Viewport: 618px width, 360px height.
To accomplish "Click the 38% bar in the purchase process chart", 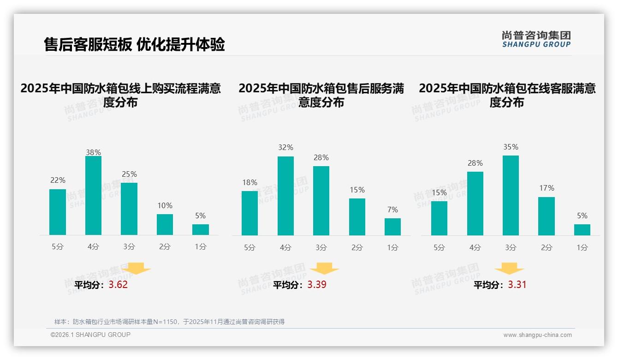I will tap(93, 196).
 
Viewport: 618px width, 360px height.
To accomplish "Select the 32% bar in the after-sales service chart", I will tap(285, 196).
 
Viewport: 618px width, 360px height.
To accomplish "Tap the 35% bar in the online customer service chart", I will tap(511, 196).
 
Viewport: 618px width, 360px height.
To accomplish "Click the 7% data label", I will tap(392, 210).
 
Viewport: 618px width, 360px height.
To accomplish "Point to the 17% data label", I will tap(546, 188).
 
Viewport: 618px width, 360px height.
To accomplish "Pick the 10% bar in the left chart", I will tap(165, 225).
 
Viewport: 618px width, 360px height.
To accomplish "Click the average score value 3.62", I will tap(118, 285).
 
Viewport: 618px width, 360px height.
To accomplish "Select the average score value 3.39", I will tap(317, 285).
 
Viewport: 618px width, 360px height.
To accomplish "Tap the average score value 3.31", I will tap(517, 285).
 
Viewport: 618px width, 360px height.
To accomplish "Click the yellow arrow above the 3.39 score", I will tap(324, 268).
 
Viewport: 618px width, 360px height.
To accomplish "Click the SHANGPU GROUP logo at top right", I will tap(536, 39).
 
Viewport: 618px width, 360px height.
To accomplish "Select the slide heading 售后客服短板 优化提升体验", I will tap(134, 44).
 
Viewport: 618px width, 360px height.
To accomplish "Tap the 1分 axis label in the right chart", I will tap(582, 248).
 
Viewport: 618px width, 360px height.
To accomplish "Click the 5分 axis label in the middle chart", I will tap(250, 248).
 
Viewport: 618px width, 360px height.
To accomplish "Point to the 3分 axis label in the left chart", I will tap(129, 247).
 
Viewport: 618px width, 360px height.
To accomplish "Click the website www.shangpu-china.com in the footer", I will tap(537, 335).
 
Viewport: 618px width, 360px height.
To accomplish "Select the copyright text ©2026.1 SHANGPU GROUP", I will tap(90, 335).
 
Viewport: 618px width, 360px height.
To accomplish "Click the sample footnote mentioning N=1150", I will tap(169, 322).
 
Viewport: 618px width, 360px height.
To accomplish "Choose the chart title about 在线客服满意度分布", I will tap(507, 95).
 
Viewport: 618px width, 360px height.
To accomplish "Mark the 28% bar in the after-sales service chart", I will tap(321, 201).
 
